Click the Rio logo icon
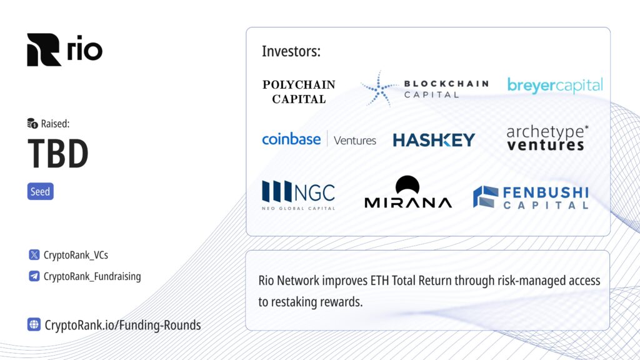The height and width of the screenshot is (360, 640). click(x=44, y=50)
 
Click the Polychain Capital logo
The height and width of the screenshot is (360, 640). click(x=299, y=92)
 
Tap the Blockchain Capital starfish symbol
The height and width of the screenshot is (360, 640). click(x=379, y=89)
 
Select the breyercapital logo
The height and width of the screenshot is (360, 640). click(x=555, y=85)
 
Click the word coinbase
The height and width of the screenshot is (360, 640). click(x=291, y=139)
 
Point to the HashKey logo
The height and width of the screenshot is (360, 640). click(x=434, y=140)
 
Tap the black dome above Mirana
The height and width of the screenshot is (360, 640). click(x=407, y=184)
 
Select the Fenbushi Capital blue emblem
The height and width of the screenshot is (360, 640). click(x=486, y=197)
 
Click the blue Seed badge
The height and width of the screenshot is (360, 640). click(x=41, y=191)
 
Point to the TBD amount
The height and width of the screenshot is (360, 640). click(x=58, y=154)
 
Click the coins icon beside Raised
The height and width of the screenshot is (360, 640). click(x=32, y=123)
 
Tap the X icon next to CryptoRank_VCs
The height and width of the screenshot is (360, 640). click(x=34, y=255)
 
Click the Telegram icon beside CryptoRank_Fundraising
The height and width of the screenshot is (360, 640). click(x=34, y=276)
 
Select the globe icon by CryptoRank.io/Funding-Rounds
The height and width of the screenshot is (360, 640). click(x=34, y=324)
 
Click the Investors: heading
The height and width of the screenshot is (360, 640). click(x=291, y=51)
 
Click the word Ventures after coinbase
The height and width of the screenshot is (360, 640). click(x=355, y=141)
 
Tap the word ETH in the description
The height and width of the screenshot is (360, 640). click(x=379, y=281)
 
